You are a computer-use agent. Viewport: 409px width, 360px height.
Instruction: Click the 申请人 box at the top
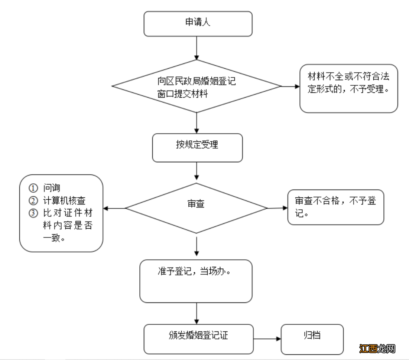pyautogui.click(x=198, y=24)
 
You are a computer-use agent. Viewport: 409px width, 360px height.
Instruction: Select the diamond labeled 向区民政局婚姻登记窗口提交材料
pyautogui.click(x=197, y=86)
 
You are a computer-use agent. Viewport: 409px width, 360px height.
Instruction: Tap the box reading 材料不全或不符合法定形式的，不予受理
pyautogui.click(x=348, y=88)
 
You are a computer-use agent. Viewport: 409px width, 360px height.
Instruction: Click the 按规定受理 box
pyautogui.click(x=197, y=147)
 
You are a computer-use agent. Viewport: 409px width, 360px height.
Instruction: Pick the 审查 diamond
pyautogui.click(x=196, y=208)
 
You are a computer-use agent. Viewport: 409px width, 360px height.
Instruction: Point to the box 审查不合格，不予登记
pyautogui.click(x=335, y=207)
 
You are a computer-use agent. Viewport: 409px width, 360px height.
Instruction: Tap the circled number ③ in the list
pyautogui.click(x=33, y=213)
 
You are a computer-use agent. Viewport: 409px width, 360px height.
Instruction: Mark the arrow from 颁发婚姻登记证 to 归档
pyautogui.click(x=267, y=339)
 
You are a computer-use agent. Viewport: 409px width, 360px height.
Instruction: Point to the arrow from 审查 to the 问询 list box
pyautogui.click(x=114, y=208)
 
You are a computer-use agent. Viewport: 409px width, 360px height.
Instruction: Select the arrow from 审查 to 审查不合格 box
pyautogui.click(x=277, y=208)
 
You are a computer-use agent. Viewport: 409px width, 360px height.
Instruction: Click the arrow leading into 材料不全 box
pyautogui.click(x=290, y=86)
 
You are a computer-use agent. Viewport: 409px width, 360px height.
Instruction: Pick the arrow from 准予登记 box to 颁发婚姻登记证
pyautogui.click(x=197, y=313)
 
